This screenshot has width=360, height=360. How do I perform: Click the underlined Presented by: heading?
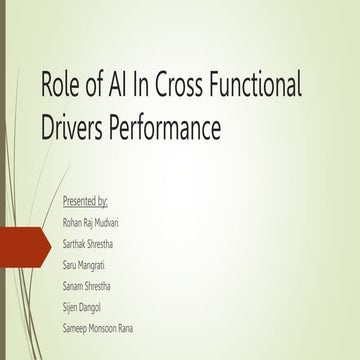click(85, 202)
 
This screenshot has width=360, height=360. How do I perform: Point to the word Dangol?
click(93, 292)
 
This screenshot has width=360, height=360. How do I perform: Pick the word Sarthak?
click(76, 238)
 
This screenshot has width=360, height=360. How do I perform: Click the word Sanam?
click(74, 274)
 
